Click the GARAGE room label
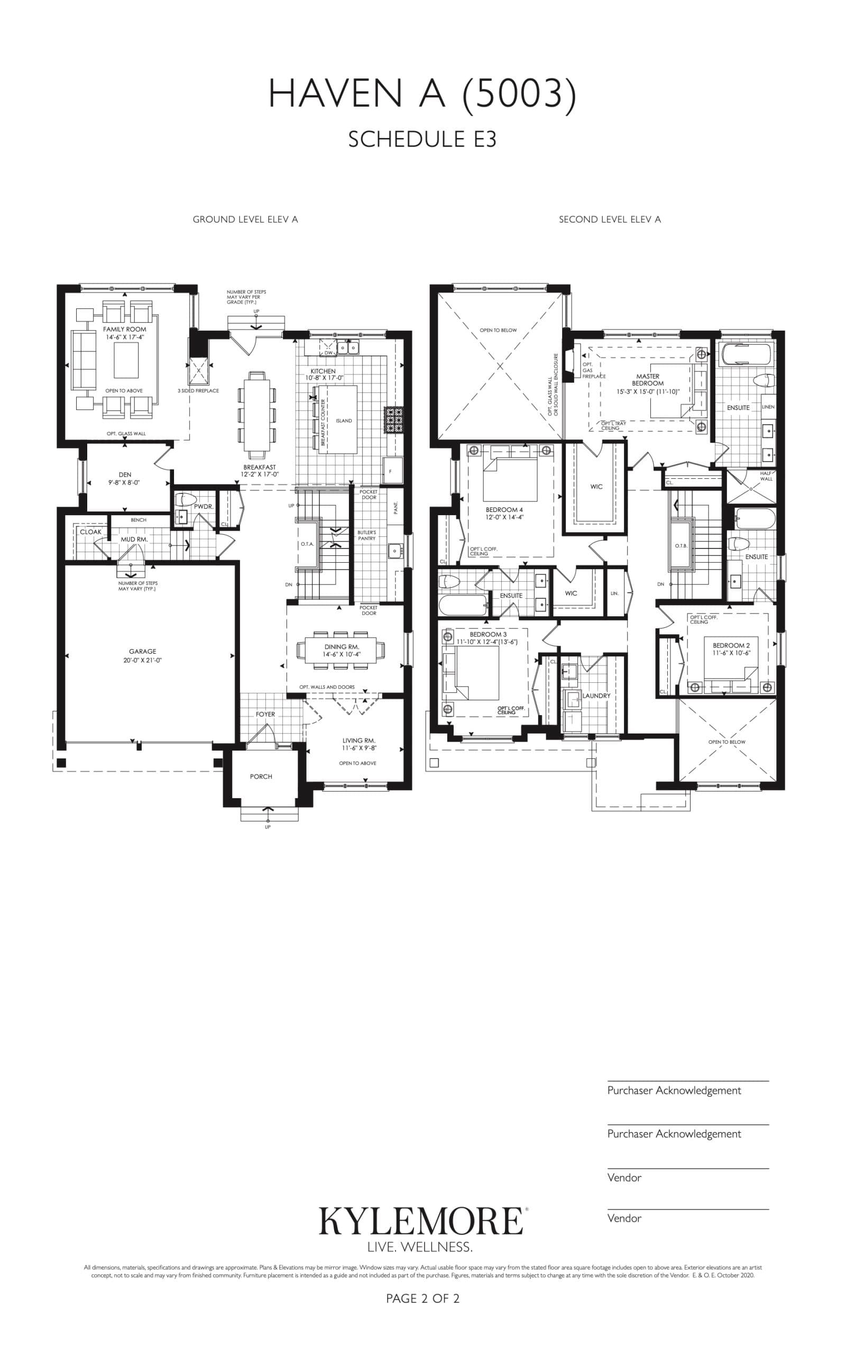[142, 651]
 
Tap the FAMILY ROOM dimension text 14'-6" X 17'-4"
[125, 338]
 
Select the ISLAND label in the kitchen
[344, 421]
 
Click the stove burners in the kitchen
[394, 419]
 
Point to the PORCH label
[261, 776]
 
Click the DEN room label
[125, 474]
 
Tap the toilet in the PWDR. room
[184, 499]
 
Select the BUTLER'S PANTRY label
[367, 535]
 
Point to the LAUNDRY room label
[596, 696]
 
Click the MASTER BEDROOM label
[648, 380]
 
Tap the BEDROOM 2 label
[731, 645]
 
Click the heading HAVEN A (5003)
[422, 94]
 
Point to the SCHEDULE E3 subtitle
[422, 139]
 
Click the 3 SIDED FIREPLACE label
[198, 390]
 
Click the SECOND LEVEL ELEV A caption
[609, 219]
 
